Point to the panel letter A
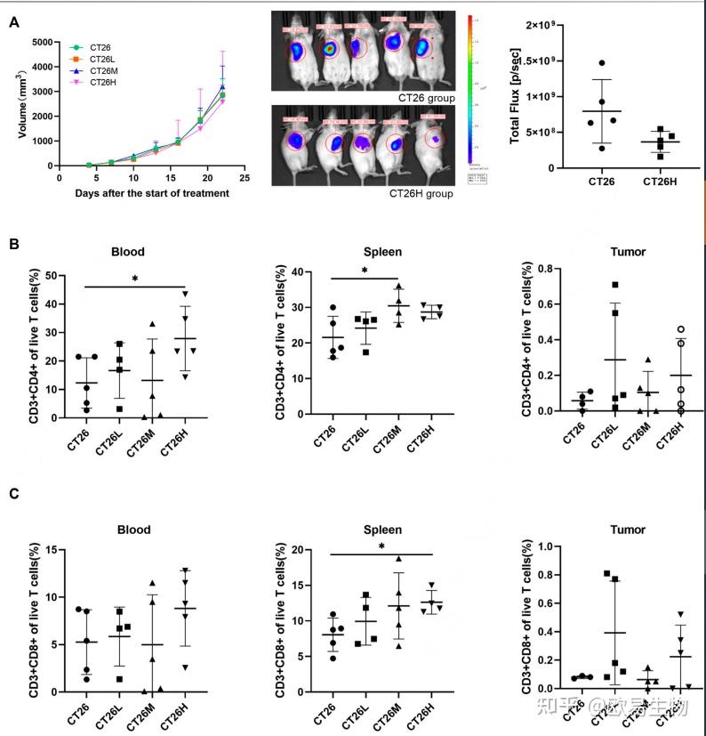(13, 21)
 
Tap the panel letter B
(13, 243)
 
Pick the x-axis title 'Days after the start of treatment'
(140, 194)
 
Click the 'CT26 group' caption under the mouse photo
(425, 96)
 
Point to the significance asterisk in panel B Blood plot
(134, 279)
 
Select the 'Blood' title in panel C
(134, 530)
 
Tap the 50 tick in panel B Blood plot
(40, 276)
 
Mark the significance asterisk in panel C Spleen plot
(381, 547)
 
